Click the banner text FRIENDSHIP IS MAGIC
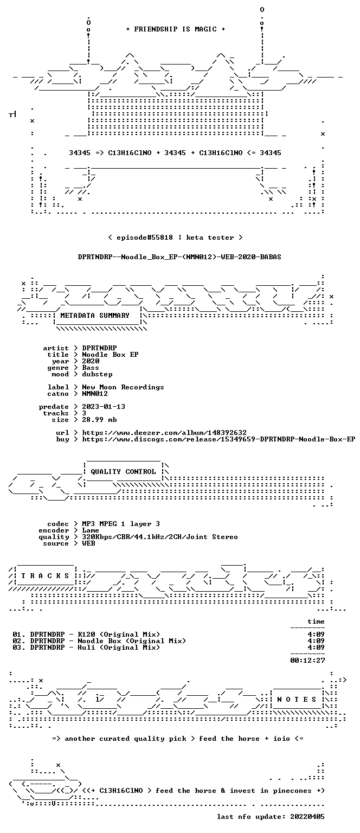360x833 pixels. tap(176, 29)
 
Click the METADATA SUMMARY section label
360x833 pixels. tap(95, 315)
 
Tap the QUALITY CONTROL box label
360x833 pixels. tap(123, 471)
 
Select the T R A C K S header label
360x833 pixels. tap(45, 575)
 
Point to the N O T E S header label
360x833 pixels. tap(297, 700)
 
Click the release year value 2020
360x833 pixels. tap(91, 361)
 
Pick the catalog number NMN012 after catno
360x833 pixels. tap(95, 393)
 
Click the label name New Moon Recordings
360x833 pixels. tap(123, 387)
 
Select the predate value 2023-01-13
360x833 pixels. tap(104, 406)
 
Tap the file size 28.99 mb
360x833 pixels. tap(99, 419)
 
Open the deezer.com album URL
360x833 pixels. tap(164, 432)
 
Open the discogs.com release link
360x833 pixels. tap(218, 439)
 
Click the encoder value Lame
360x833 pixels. tap(91, 530)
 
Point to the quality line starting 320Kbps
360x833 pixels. tap(160, 536)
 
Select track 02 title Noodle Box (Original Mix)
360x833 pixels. tap(132, 640)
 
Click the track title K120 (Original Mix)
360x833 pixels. tap(119, 635)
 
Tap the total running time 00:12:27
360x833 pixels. tap(307, 661)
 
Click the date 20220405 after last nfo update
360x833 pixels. tap(307, 817)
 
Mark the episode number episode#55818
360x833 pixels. tap(145, 237)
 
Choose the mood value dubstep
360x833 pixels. tap(97, 374)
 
